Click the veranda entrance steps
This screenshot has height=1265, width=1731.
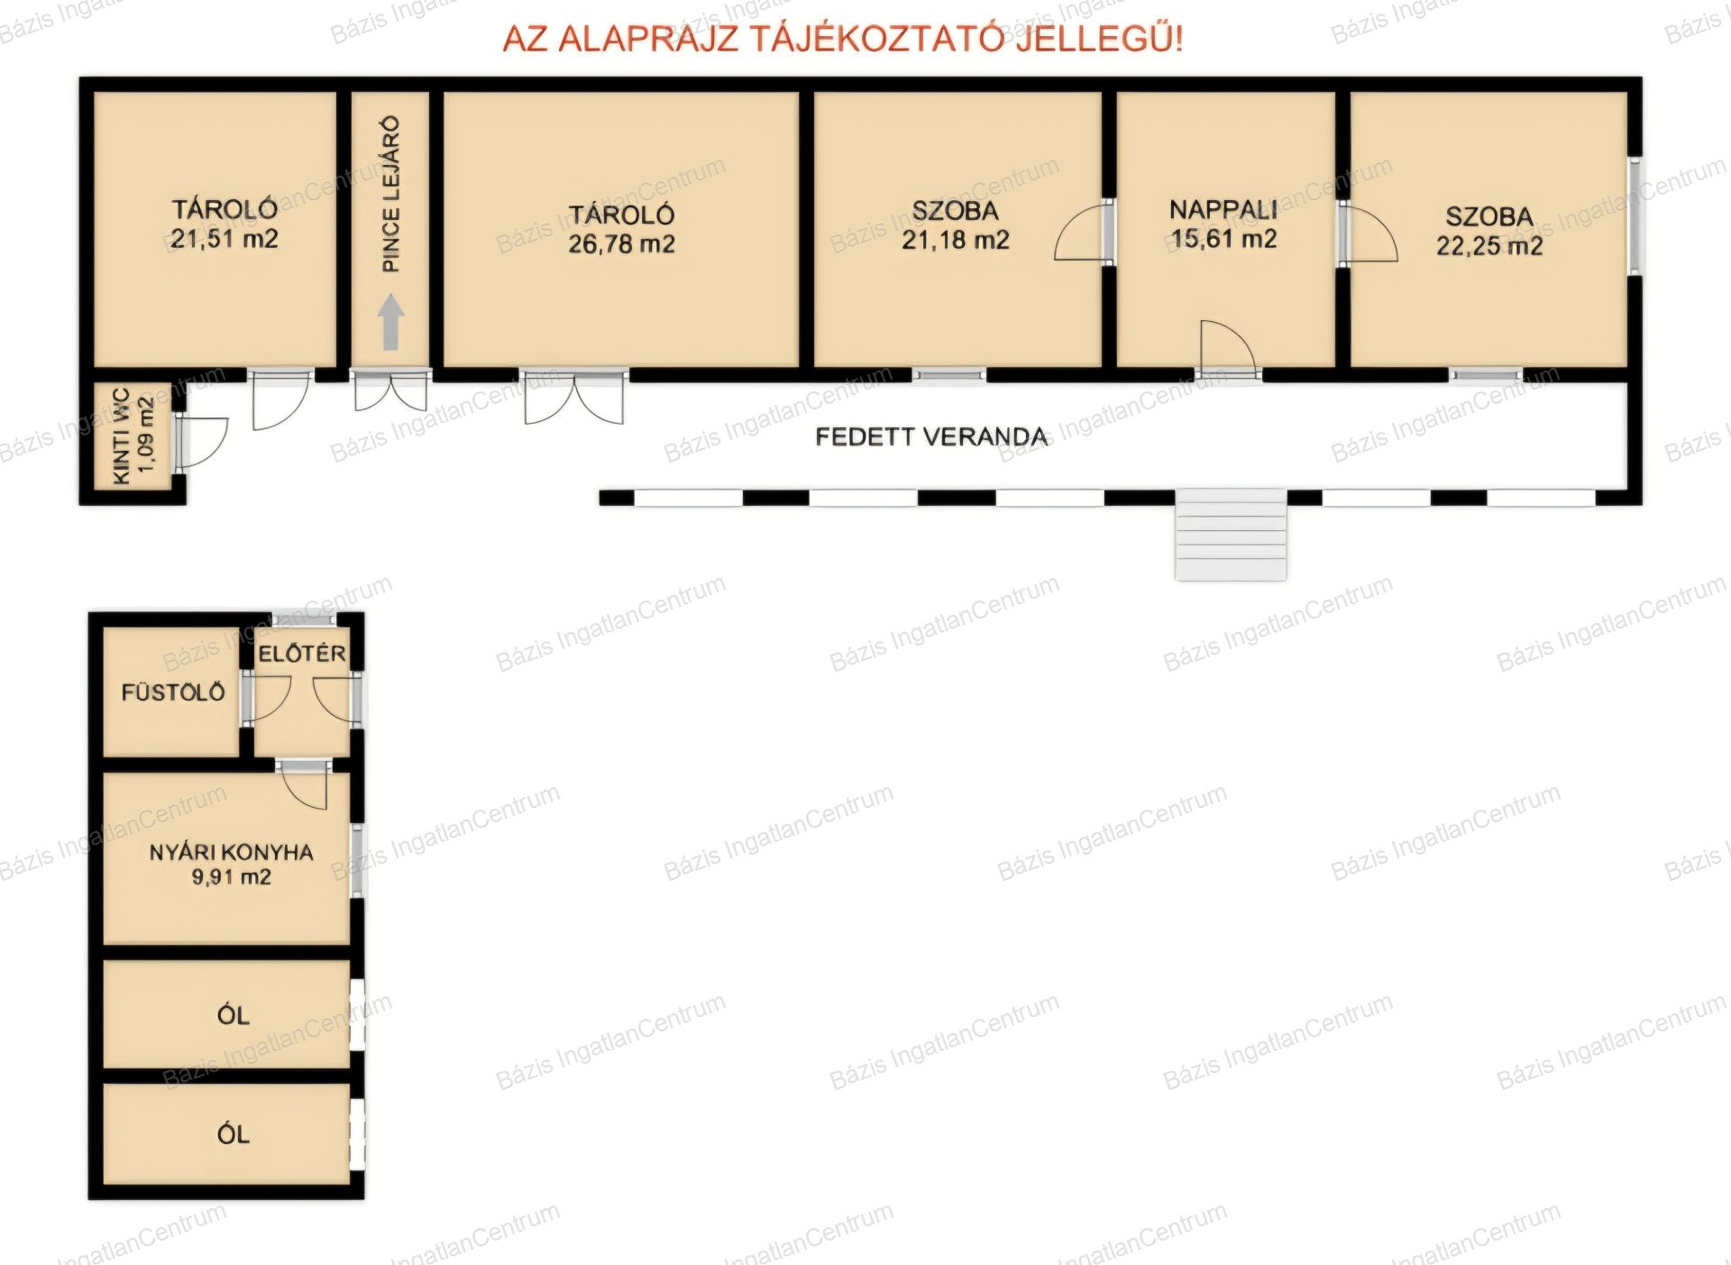[1231, 534]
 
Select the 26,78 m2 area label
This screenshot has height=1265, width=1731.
[621, 244]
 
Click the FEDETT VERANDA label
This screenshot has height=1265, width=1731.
[931, 437]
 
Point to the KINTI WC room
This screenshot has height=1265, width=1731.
[133, 436]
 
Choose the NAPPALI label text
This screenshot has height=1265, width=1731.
[1223, 210]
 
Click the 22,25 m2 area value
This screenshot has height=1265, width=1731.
[1489, 246]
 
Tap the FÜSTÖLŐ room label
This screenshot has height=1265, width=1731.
[173, 692]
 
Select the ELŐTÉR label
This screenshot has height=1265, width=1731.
[302, 654]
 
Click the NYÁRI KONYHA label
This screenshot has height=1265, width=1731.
[232, 852]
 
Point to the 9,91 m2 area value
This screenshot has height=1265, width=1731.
[232, 877]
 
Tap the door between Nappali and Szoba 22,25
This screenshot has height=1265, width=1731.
[1367, 234]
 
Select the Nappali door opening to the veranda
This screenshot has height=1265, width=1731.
[1227, 349]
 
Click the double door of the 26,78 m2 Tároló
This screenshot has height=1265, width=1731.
[573, 397]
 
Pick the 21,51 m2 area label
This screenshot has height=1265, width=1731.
[224, 239]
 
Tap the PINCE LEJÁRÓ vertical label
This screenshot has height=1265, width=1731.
[391, 194]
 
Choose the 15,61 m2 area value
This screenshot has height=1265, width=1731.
[1224, 239]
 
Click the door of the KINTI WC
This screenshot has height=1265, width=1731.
[201, 442]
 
